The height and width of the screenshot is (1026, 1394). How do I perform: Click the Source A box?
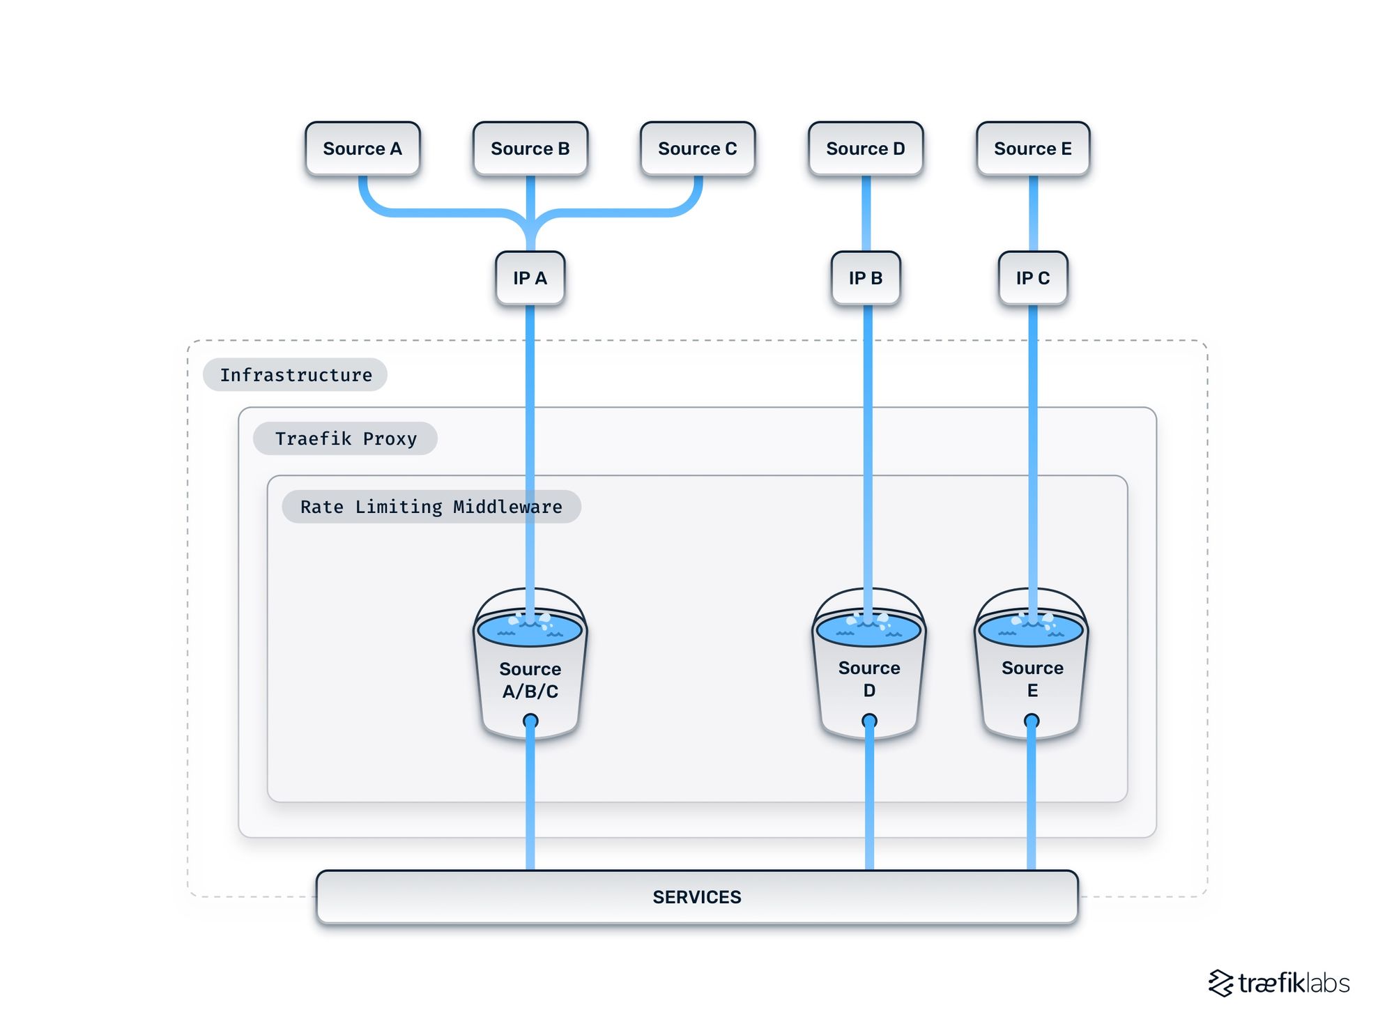point(362,148)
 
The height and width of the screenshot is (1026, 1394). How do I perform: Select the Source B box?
point(530,148)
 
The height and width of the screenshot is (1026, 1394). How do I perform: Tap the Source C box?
point(698,148)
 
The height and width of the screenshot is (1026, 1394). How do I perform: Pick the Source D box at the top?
point(866,148)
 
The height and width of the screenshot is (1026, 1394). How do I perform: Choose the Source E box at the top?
point(1033,148)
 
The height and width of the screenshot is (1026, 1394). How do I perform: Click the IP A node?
point(530,278)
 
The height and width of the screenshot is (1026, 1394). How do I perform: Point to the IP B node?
point(866,278)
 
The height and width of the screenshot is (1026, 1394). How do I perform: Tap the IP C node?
point(1033,278)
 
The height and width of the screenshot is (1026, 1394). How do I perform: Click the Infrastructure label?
point(296,375)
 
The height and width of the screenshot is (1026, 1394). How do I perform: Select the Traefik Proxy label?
point(346,438)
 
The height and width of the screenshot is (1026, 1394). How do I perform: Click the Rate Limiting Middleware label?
point(431,507)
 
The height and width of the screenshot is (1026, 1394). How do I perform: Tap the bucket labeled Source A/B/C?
point(530,680)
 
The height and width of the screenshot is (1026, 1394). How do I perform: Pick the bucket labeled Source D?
point(869,680)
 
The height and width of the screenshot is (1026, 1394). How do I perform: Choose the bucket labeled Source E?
point(1032,680)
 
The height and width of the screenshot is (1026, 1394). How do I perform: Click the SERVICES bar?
point(697,897)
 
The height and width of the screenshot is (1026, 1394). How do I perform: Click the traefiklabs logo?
point(1279,983)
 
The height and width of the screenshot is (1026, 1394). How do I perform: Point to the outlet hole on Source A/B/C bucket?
point(530,721)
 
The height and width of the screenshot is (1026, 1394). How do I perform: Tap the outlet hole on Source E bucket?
point(1032,721)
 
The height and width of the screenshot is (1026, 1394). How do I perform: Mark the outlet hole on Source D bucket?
point(869,721)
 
